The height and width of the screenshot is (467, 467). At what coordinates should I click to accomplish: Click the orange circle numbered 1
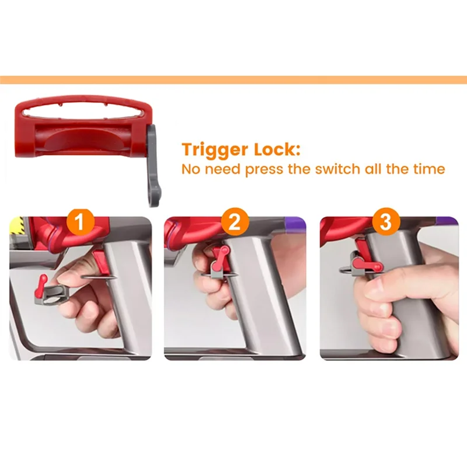80,222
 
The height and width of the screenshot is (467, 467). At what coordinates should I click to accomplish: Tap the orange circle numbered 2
235,222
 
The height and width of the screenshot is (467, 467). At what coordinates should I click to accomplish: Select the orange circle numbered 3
386,222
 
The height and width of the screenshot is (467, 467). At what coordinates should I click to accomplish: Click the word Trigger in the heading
214,150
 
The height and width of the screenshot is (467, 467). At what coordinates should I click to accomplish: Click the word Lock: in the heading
277,149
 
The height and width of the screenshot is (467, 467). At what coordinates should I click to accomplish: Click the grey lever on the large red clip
154,167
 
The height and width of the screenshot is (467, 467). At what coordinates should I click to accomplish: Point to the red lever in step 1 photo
41,284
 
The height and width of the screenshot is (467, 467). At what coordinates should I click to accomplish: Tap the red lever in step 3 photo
366,264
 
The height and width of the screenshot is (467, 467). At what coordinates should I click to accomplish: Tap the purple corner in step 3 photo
447,224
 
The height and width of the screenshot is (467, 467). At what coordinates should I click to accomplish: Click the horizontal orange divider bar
233,80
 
